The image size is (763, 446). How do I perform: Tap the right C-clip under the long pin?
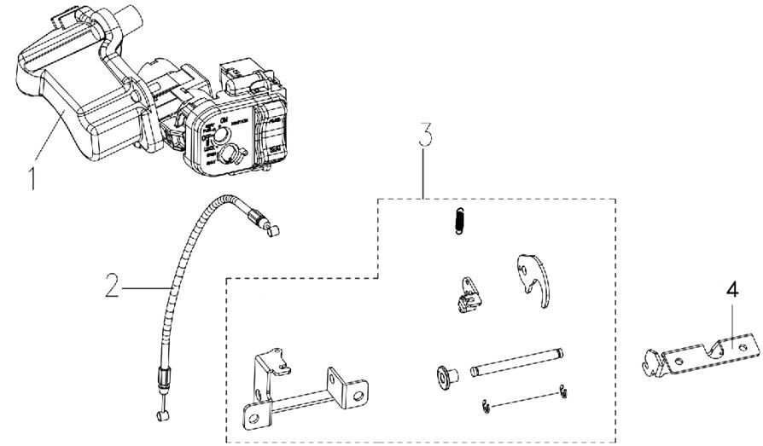click(x=565, y=392)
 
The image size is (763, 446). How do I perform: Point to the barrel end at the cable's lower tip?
click(x=160, y=417)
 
